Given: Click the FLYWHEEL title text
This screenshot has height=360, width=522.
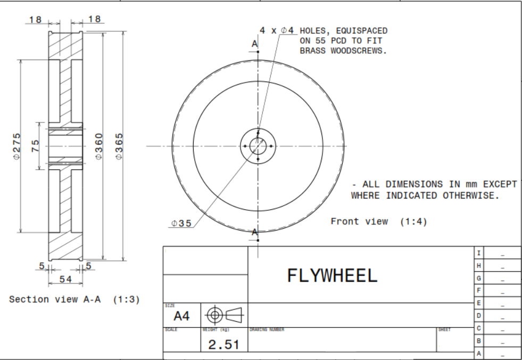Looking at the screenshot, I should point(332,275).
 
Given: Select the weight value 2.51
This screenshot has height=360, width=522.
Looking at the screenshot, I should point(223,345).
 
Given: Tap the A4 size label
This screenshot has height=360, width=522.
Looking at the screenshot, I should point(181,316).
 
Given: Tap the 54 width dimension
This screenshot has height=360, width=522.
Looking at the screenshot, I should point(65,279).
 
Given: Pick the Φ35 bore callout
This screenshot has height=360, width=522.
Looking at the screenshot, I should point(181,224).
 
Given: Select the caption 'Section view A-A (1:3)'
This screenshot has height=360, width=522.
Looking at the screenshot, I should point(74,299).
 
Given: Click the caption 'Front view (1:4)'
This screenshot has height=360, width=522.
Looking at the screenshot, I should point(378,221).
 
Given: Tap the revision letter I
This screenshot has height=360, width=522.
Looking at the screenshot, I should point(479,253).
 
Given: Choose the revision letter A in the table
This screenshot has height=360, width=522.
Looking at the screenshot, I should point(479,353).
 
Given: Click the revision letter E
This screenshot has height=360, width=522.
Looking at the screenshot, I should point(479,303).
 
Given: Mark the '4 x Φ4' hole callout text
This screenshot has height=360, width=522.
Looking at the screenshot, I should point(277,30).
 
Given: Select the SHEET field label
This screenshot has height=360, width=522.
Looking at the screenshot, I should point(444,330).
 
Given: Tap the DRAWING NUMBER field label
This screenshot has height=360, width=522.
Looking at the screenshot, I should point(267,330).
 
